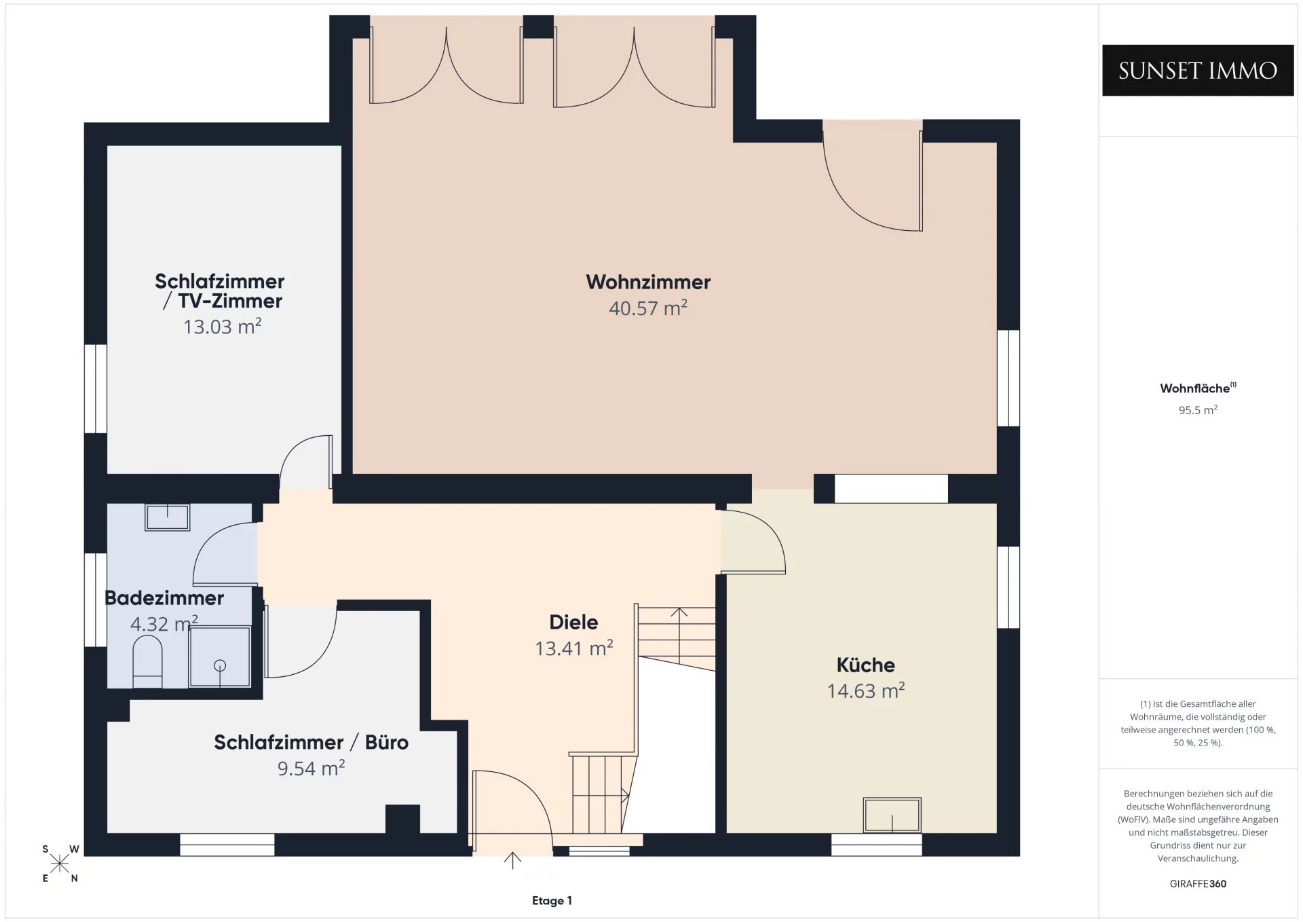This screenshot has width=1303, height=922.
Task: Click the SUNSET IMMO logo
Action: tap(1198, 71)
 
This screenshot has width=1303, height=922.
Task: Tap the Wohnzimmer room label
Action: tap(648, 282)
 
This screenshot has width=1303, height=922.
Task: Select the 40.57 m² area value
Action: tap(648, 308)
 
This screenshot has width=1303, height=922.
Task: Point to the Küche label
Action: tap(865, 665)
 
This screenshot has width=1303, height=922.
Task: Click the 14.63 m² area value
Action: tap(866, 690)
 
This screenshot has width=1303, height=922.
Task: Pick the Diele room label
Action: tap(573, 622)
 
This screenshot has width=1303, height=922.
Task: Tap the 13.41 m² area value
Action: tap(574, 648)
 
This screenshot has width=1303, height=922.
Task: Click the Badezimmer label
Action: tap(164, 598)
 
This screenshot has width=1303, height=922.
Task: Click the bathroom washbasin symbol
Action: tap(167, 517)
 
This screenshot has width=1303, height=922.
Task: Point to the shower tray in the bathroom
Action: tap(220, 657)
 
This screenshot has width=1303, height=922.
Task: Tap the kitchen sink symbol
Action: tap(892, 815)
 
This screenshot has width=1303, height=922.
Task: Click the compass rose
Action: tap(60, 864)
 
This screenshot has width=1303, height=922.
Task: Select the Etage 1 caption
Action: tap(552, 901)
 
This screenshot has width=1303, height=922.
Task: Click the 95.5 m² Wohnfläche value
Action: tap(1198, 410)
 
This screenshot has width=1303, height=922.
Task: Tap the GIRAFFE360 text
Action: tap(1198, 884)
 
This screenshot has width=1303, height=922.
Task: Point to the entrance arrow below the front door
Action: tap(512, 860)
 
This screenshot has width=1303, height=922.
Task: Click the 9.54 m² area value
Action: tap(311, 768)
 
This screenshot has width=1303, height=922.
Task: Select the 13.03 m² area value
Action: tap(223, 327)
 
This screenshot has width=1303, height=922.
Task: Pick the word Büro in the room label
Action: tap(387, 742)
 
